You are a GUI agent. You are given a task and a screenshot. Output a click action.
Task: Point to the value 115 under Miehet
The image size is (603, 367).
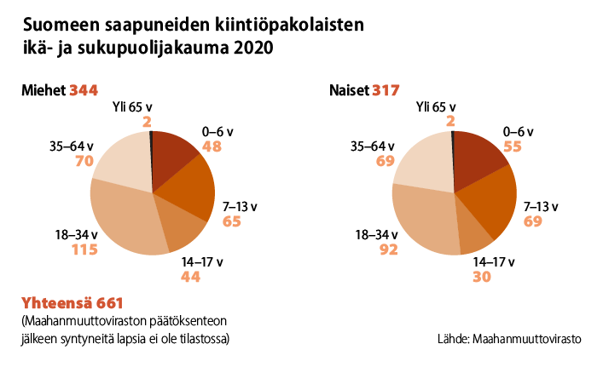pyautogui.click(x=84, y=249)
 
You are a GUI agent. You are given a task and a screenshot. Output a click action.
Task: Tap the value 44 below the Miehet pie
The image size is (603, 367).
pyautogui.click(x=192, y=277)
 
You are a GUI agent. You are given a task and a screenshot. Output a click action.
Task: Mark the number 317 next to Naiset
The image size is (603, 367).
pyautogui.click(x=386, y=89)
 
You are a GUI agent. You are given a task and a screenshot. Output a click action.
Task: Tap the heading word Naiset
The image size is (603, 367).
pyautogui.click(x=349, y=89)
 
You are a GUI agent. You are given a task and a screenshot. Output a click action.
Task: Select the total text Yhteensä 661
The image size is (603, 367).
pyautogui.click(x=73, y=303)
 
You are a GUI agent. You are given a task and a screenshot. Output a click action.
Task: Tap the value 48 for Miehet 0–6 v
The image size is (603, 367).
pyautogui.click(x=211, y=146)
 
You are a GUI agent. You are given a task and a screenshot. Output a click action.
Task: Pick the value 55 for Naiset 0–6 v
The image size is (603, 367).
pyautogui.click(x=512, y=146)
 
